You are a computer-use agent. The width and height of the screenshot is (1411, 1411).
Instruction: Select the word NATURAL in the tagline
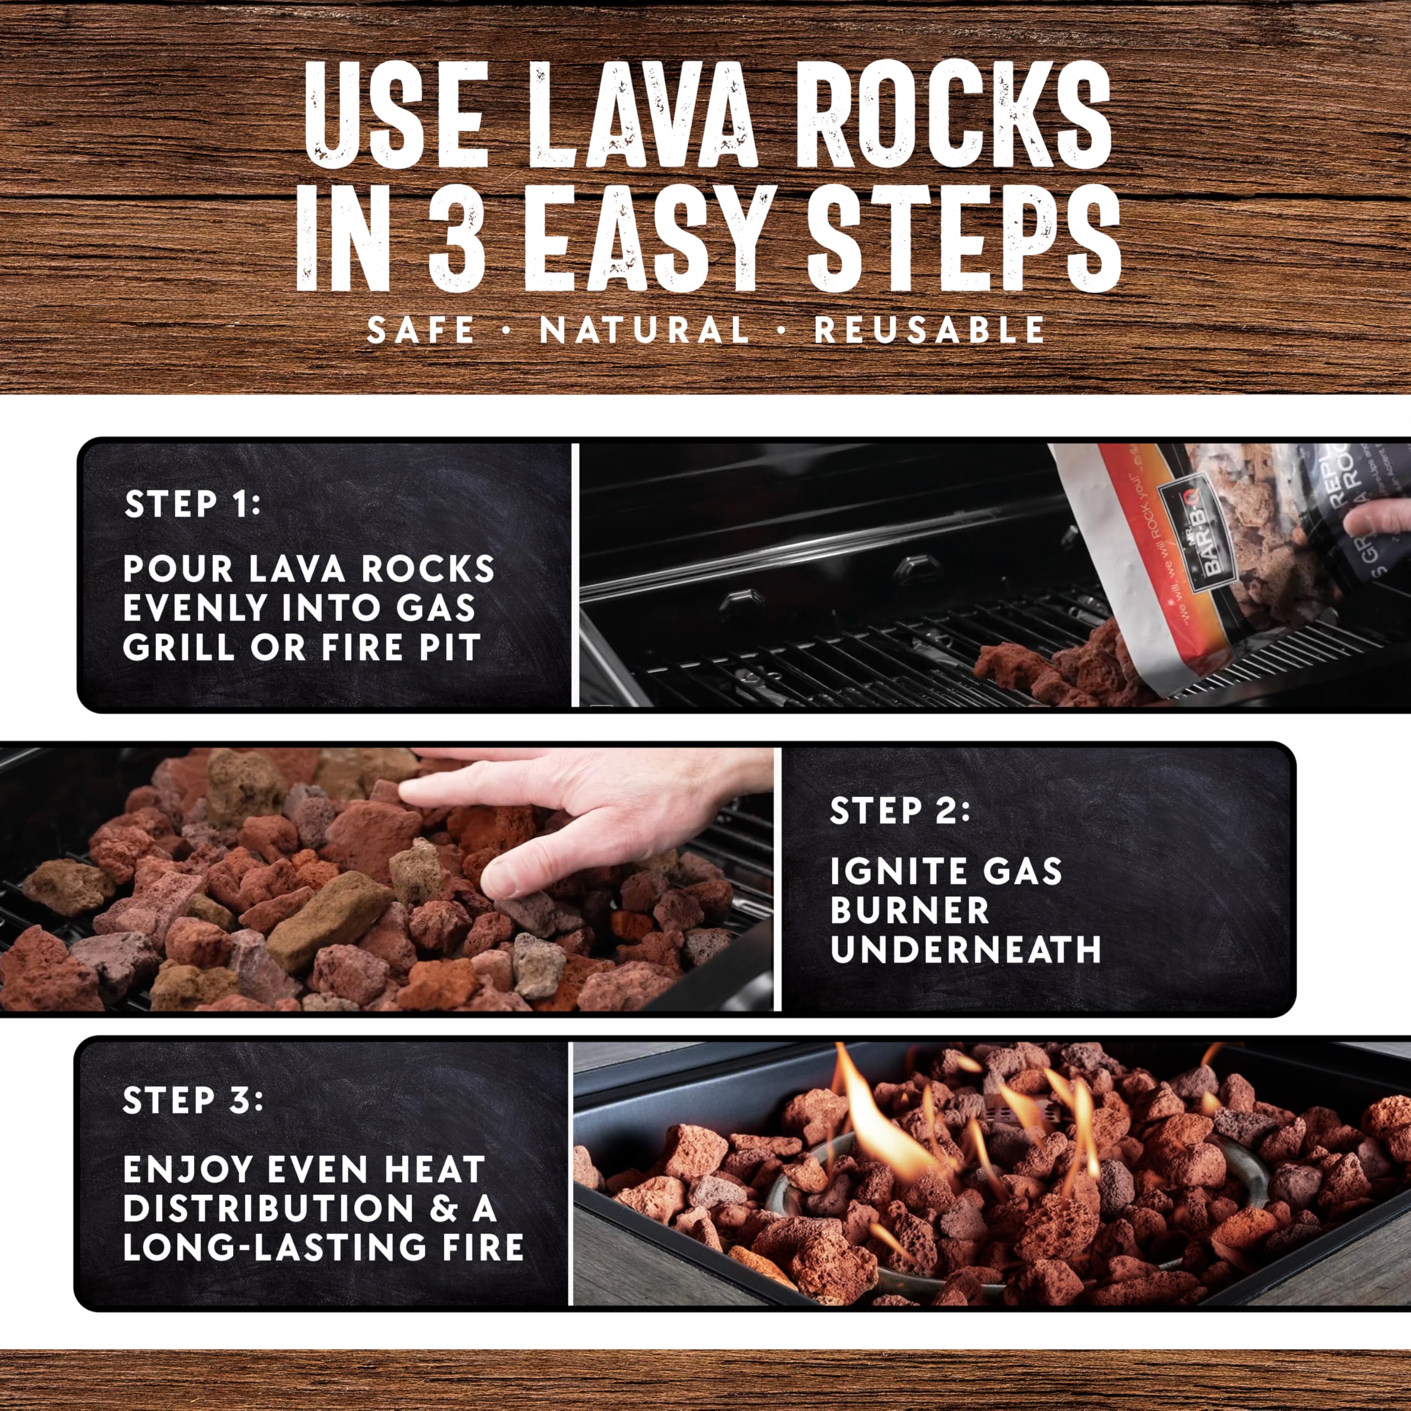(644, 330)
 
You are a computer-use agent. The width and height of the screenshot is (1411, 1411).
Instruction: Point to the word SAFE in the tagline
(421, 330)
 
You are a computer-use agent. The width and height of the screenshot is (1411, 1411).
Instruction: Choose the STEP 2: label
(900, 811)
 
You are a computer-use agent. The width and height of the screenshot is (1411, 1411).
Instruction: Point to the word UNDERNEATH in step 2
(966, 950)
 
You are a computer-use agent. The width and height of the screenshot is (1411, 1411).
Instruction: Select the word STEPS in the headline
(962, 239)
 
